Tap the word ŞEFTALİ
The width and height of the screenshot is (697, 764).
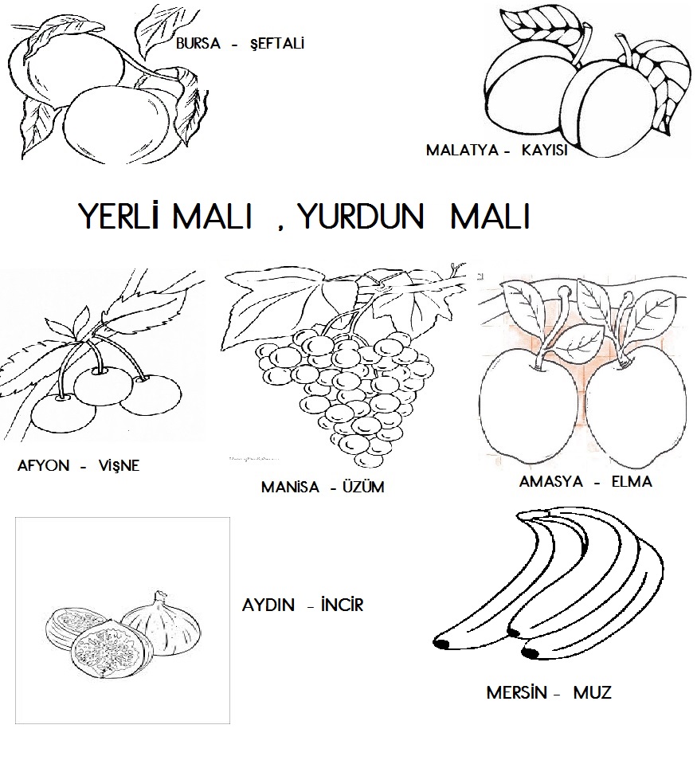(x=277, y=43)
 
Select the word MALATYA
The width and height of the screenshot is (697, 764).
(x=463, y=150)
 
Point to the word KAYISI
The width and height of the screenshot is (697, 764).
(x=545, y=150)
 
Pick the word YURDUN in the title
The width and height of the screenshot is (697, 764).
(x=361, y=217)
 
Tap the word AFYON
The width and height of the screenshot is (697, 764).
(x=43, y=466)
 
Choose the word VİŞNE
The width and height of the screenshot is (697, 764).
(x=119, y=465)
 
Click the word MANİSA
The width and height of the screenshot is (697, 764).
(x=290, y=487)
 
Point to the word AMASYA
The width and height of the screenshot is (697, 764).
(x=551, y=482)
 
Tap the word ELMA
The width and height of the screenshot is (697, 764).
(x=632, y=482)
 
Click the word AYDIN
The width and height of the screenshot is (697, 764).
(x=268, y=605)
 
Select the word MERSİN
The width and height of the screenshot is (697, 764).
(x=516, y=692)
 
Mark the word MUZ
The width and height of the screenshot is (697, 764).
(x=593, y=692)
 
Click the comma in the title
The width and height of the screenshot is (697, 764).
(x=281, y=228)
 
